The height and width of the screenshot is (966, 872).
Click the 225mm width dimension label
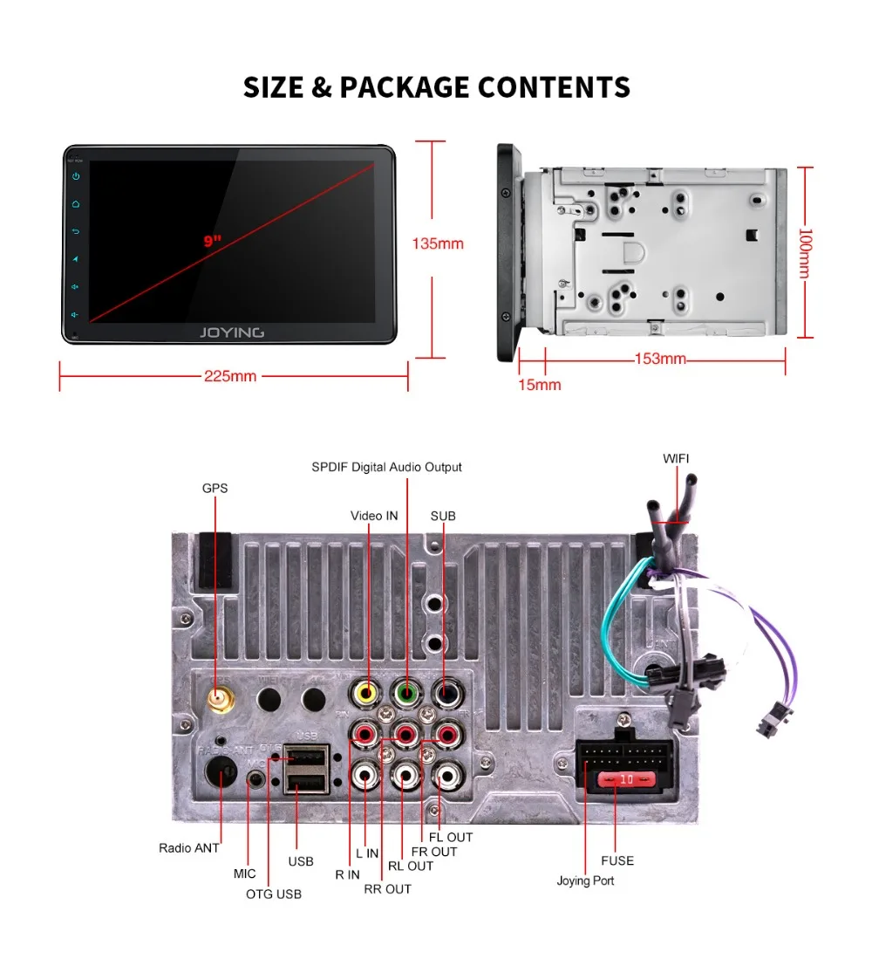(230, 377)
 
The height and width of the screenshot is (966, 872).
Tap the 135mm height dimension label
(438, 243)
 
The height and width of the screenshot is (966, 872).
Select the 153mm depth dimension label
(660, 360)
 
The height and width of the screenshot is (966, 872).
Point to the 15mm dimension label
(540, 385)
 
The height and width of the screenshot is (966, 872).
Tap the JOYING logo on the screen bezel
(231, 332)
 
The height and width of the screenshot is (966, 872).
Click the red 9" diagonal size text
(213, 241)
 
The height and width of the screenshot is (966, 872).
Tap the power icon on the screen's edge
(77, 176)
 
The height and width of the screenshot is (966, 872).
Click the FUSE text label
(617, 860)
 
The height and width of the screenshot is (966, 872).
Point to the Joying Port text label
(585, 880)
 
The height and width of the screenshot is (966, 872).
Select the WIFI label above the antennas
(676, 458)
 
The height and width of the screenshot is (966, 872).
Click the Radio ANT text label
(188, 847)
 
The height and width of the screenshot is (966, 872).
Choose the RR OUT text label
(387, 889)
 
